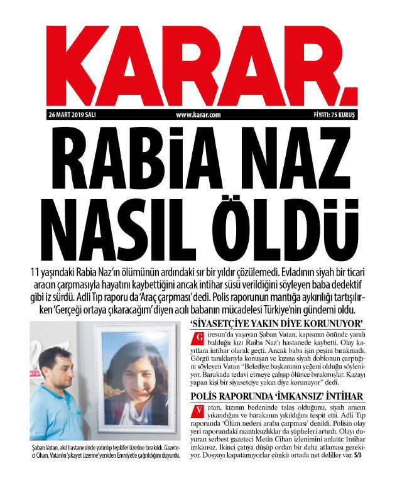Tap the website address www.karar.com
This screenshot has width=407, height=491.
(x=198, y=114)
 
